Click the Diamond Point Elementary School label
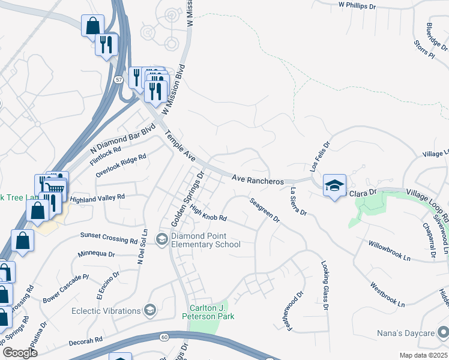coord(205,240)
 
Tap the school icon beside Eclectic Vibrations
coord(150,310)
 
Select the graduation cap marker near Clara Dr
coord(334,185)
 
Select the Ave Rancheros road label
coord(258,179)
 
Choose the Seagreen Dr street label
coord(265,210)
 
